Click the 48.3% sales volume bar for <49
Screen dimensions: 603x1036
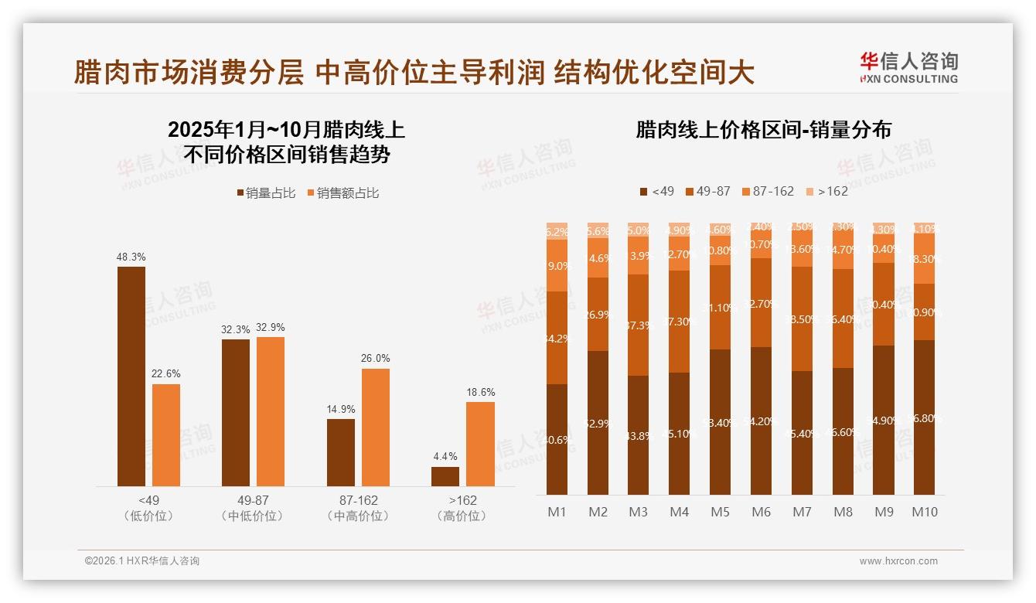click(131, 376)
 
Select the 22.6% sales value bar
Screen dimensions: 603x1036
click(166, 435)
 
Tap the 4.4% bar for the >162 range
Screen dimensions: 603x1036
click(445, 476)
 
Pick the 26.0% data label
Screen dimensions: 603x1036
click(375, 359)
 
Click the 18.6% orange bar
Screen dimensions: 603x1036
click(480, 444)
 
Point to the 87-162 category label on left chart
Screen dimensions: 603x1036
click(357, 500)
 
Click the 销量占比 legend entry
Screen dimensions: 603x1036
click(266, 193)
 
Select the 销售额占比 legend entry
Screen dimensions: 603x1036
click(343, 193)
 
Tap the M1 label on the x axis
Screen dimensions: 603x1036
click(557, 512)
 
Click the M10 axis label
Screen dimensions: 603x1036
click(924, 512)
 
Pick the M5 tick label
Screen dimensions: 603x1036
click(721, 512)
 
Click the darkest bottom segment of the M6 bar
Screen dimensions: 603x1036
click(762, 421)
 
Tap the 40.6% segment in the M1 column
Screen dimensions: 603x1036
click(557, 439)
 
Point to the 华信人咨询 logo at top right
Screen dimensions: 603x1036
click(908, 67)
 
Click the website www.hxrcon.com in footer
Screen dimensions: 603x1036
click(898, 561)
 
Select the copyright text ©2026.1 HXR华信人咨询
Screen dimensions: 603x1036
click(142, 561)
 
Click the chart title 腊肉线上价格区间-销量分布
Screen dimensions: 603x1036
click(763, 130)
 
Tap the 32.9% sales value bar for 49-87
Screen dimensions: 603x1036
click(271, 411)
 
